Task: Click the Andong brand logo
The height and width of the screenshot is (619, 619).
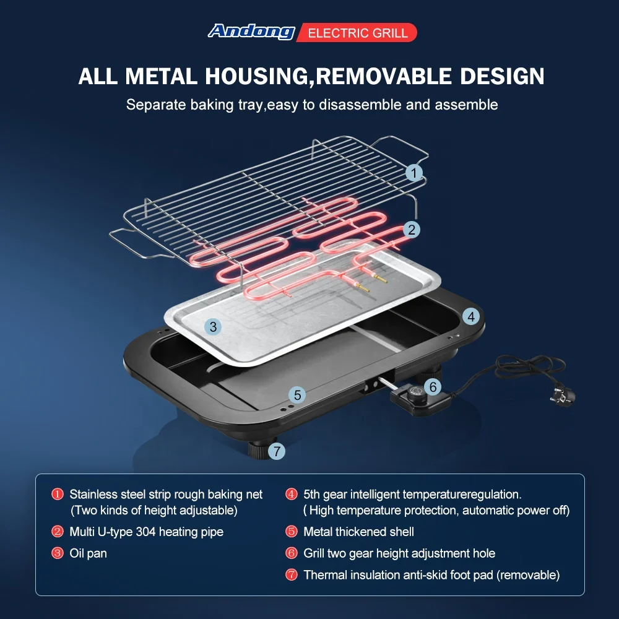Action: point(251,32)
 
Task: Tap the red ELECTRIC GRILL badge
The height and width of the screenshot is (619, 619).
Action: point(357,33)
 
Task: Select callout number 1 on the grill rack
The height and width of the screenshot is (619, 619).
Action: point(414,173)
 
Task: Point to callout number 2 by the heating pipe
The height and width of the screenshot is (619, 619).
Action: point(412,230)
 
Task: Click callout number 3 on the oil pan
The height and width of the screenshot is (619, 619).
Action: point(213,327)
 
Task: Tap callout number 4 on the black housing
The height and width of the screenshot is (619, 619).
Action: point(471,317)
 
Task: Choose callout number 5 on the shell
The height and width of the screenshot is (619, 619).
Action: point(297,394)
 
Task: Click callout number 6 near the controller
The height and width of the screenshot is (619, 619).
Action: point(433,387)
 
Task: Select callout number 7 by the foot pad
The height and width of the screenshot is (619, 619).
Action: point(277,451)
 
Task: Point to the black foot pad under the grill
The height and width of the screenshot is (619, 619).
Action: point(259,449)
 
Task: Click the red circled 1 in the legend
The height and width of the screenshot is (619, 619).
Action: point(58,495)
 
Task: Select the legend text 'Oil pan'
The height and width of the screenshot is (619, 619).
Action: point(88,553)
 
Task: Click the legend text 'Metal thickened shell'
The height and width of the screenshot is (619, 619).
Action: point(358,532)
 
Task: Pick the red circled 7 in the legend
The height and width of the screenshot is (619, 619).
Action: point(292,575)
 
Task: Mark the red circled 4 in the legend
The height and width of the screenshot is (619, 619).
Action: point(292,495)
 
